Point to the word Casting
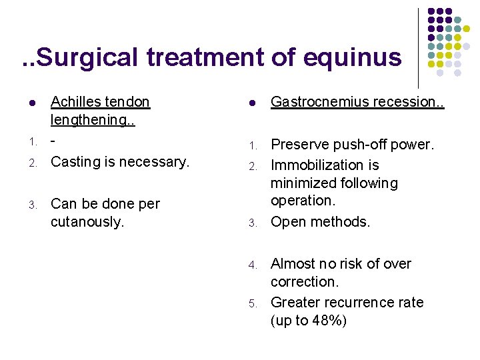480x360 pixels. (x=76, y=162)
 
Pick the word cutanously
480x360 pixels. (x=87, y=222)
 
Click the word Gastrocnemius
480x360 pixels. (x=319, y=102)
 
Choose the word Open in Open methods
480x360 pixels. (x=287, y=221)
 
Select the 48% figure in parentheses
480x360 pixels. (x=327, y=320)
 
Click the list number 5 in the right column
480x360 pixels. (x=253, y=304)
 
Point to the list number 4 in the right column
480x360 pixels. (x=253, y=265)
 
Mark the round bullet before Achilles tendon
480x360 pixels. (x=32, y=103)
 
